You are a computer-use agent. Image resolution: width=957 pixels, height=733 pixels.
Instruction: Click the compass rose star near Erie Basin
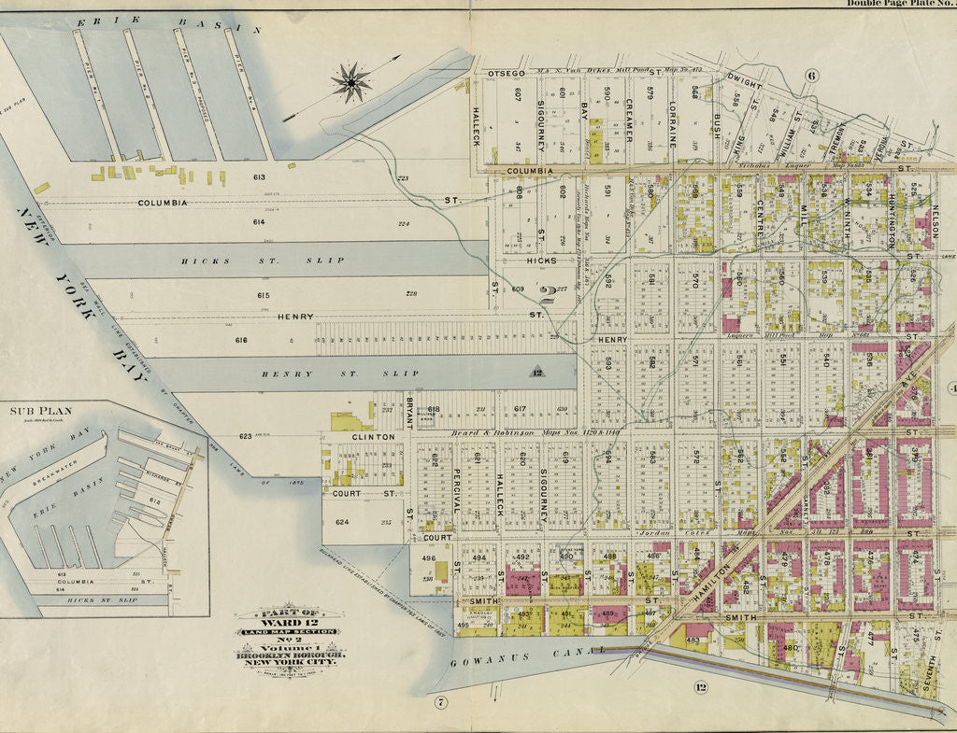point(351,82)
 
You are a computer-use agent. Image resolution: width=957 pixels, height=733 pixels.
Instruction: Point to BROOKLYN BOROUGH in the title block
point(290,655)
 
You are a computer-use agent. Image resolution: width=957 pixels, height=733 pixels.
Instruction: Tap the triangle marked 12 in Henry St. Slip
point(536,373)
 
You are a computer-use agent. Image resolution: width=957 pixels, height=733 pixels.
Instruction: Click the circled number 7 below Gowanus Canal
point(441,701)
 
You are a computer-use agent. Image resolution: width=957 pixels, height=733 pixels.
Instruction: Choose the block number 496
point(428,558)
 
